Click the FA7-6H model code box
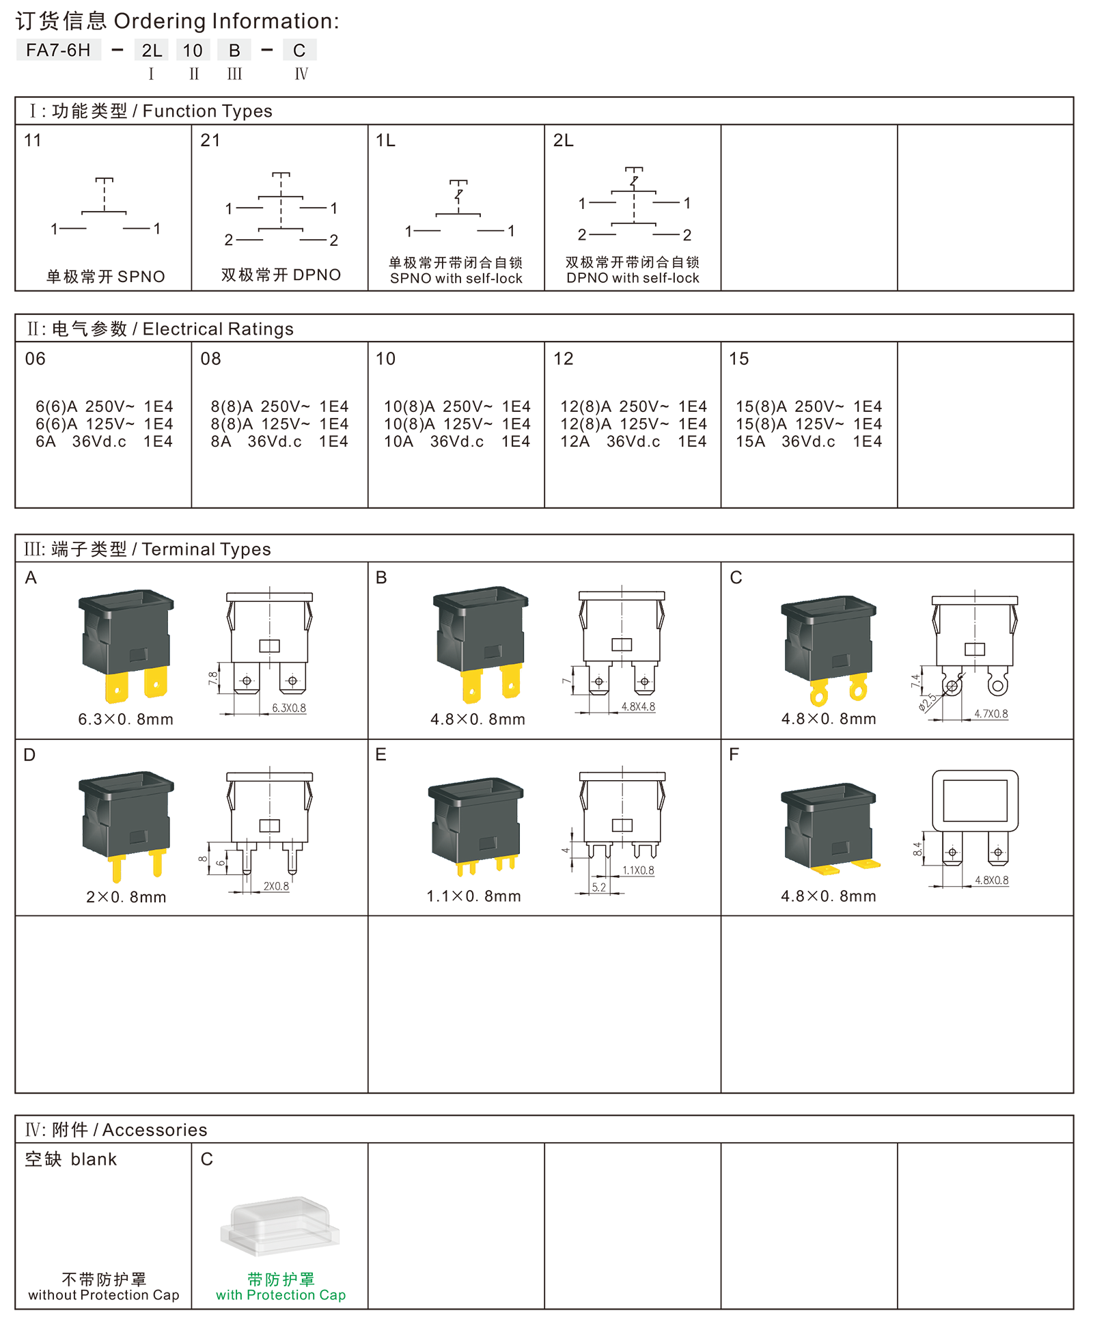pyautogui.click(x=58, y=50)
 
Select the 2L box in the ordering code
pyautogui.click(x=152, y=50)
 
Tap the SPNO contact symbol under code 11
pyautogui.click(x=105, y=206)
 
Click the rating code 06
pyautogui.click(x=36, y=359)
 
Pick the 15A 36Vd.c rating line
pyautogui.click(x=808, y=441)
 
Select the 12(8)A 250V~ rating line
pyautogui.click(x=633, y=406)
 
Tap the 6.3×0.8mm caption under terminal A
pyautogui.click(x=126, y=719)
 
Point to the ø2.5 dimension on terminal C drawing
pyautogui.click(x=927, y=702)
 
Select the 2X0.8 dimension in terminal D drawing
pyautogui.click(x=276, y=886)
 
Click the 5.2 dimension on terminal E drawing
pyautogui.click(x=599, y=887)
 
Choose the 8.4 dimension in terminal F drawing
pyautogui.click(x=917, y=848)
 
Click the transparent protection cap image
pyautogui.click(x=280, y=1226)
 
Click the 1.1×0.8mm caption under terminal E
pyautogui.click(x=474, y=896)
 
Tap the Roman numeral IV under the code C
pyautogui.click(x=301, y=74)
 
